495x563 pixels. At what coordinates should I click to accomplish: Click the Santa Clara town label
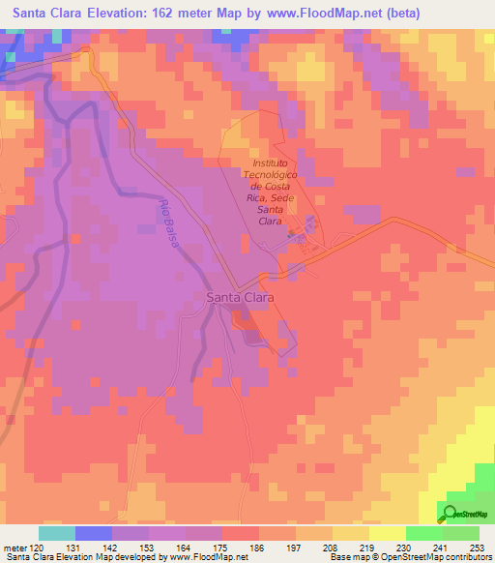click(x=241, y=299)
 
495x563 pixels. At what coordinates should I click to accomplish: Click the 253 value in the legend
click(x=478, y=548)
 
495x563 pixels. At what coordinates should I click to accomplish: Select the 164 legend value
click(x=187, y=548)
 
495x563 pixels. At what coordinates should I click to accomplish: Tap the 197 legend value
click(x=296, y=548)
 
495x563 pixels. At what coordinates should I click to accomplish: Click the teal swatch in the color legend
click(x=57, y=533)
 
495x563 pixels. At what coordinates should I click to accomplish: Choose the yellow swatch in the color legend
click(x=387, y=533)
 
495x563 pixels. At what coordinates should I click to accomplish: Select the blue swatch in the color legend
click(x=94, y=533)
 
